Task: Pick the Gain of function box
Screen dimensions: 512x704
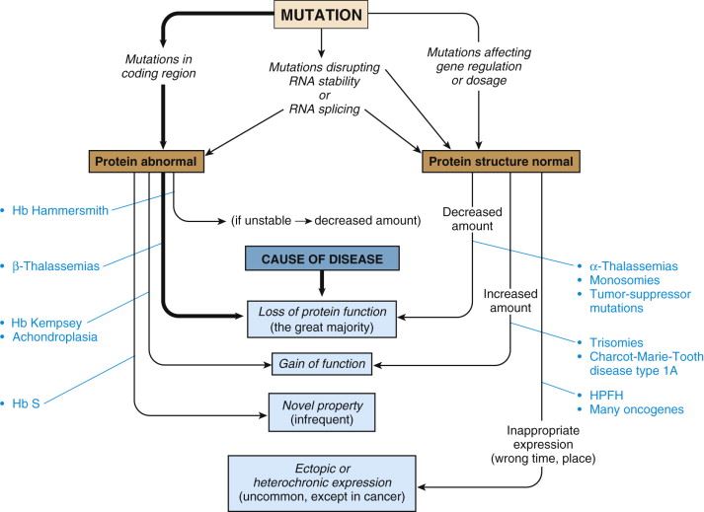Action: (x=323, y=365)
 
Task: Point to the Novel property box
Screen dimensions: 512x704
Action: (x=323, y=410)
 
